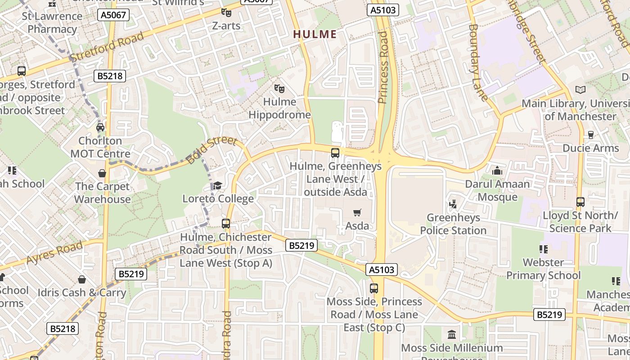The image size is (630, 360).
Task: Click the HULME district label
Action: click(315, 34)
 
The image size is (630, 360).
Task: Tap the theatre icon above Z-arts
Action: click(226, 13)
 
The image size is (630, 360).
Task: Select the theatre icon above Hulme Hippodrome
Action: click(279, 89)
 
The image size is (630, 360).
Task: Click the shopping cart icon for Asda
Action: click(357, 212)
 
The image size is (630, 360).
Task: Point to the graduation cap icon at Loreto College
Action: click(218, 185)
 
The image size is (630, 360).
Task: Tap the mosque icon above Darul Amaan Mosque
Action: click(497, 171)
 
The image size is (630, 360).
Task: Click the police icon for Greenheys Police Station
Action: click(453, 204)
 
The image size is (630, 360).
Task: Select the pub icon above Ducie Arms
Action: click(591, 135)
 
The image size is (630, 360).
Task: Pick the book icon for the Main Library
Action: click(580, 90)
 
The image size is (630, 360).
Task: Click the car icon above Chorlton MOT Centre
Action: click(100, 127)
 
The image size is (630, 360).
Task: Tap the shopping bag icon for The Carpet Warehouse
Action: click(102, 173)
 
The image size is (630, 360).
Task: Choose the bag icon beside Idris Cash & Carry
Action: click(81, 279)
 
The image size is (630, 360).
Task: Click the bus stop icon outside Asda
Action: click(335, 153)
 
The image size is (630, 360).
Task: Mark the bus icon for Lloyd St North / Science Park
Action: click(580, 202)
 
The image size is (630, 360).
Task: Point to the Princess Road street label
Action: click(383, 67)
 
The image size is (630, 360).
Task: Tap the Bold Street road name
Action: click(211, 150)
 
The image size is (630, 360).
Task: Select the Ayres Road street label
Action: click(55, 252)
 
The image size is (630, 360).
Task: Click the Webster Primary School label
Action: click(544, 269)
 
